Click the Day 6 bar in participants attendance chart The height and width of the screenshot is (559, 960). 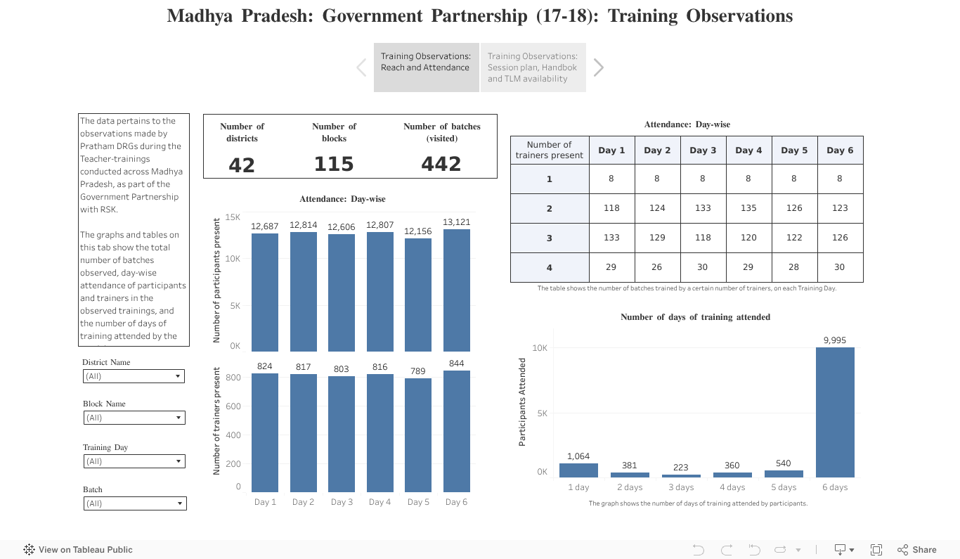(457, 290)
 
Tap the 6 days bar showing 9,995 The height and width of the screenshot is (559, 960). (835, 412)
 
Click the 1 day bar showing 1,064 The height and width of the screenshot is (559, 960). (578, 470)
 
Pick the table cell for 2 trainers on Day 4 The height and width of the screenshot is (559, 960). (748, 208)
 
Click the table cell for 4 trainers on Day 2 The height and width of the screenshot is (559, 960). (657, 267)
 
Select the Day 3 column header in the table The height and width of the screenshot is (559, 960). (703, 150)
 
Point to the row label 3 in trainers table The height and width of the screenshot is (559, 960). (549, 238)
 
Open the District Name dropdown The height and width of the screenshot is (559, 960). (134, 376)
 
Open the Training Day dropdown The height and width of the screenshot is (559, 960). (134, 461)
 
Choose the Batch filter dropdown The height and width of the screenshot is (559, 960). (134, 503)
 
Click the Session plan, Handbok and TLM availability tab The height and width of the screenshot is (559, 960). (533, 68)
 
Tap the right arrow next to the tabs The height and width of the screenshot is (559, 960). (599, 68)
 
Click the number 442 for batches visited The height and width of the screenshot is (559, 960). (441, 165)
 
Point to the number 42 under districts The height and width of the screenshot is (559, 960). (242, 165)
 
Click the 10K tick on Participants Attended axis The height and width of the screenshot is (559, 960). (540, 348)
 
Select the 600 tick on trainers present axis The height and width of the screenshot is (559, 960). (233, 406)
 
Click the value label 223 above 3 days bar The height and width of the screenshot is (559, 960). (680, 468)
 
